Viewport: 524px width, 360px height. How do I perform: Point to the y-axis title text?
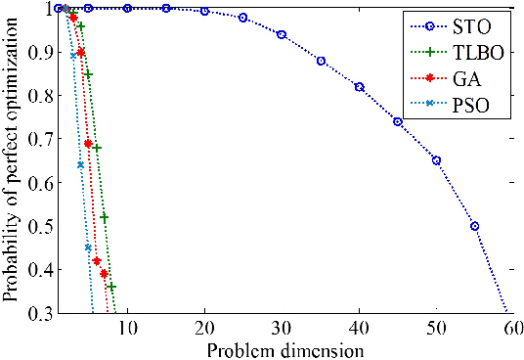click(11, 161)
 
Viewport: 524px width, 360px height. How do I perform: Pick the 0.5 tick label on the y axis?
click(35, 226)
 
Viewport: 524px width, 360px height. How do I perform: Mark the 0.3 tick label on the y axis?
click(35, 313)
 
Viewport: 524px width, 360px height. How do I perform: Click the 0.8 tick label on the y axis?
click(35, 95)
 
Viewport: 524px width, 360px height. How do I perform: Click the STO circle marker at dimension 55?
click(474, 226)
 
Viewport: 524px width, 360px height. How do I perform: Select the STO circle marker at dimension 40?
click(359, 87)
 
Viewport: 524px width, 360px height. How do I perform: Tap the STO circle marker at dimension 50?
click(436, 160)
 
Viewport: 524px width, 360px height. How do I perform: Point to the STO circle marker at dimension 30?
click(282, 34)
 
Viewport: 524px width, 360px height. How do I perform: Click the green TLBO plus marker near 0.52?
click(104, 217)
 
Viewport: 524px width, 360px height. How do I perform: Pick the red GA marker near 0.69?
click(88, 143)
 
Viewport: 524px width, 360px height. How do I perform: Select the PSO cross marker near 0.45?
click(88, 247)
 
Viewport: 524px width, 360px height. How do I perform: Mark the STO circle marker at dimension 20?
click(204, 11)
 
